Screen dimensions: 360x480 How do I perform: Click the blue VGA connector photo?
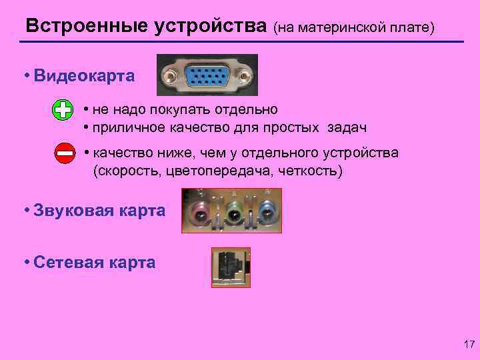207,75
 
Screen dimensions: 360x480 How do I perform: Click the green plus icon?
62,110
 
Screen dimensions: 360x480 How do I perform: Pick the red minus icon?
65,153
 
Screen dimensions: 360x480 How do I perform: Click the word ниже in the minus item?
175,153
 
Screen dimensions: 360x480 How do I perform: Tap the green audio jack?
233,213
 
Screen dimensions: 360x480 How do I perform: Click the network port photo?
231,267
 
